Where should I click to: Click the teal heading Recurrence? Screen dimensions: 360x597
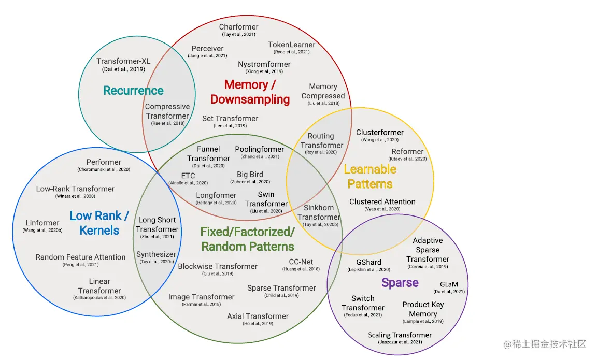pyautogui.click(x=133, y=91)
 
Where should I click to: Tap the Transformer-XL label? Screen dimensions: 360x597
pyautogui.click(x=123, y=61)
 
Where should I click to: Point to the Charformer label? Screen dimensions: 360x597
pyautogui.click(x=238, y=27)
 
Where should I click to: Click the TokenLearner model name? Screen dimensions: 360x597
pyautogui.click(x=291, y=45)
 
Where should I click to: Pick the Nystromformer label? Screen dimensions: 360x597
pyautogui.click(x=264, y=64)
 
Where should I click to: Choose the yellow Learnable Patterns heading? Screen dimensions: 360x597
pyautogui.click(x=370, y=176)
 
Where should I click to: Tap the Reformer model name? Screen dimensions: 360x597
pyautogui.click(x=407, y=152)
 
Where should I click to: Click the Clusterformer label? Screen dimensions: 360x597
pyautogui.click(x=379, y=133)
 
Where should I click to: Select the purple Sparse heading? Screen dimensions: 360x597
pyautogui.click(x=400, y=282)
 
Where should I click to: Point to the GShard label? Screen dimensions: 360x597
pyautogui.click(x=368, y=262)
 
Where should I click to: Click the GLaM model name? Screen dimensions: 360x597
pyautogui.click(x=449, y=284)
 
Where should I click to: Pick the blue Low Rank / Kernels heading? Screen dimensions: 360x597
pyautogui.click(x=99, y=223)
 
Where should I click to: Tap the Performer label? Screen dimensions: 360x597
pyautogui.click(x=104, y=162)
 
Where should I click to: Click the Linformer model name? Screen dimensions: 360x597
pyautogui.click(x=42, y=223)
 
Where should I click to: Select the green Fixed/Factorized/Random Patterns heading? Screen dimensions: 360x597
pyautogui.click(x=248, y=239)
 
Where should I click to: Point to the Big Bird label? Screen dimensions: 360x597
pyautogui.click(x=250, y=175)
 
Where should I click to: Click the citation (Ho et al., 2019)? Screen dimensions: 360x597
pyautogui.click(x=258, y=324)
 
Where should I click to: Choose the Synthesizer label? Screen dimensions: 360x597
pyautogui.click(x=156, y=254)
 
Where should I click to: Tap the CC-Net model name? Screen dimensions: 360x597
pyautogui.click(x=301, y=262)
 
